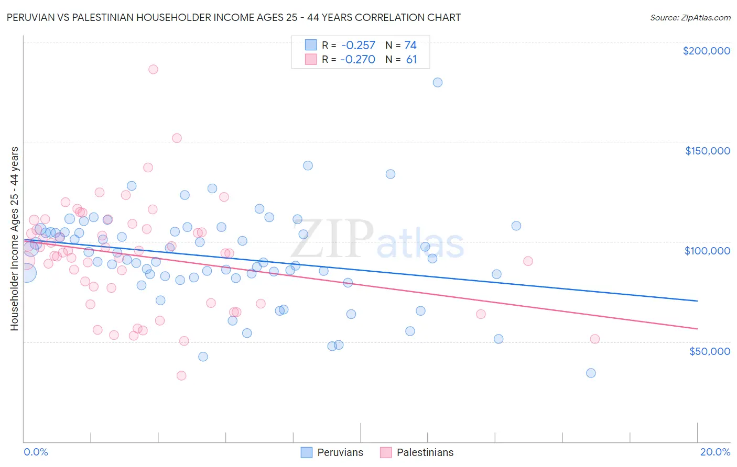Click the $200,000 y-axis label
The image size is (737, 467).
coord(706,51)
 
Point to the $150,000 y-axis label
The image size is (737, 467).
coord(707,151)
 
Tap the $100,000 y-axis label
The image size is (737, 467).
coord(707,251)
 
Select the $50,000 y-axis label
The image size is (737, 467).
coord(709,351)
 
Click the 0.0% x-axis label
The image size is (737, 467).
coord(36,452)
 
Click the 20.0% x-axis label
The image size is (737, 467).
coord(715,452)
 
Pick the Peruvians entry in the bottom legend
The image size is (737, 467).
coord(340,452)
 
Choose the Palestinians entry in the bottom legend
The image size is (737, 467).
coord(425,452)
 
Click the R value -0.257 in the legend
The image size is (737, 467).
coord(358,45)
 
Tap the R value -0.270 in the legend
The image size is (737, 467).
coord(357,59)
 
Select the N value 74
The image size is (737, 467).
coord(410,45)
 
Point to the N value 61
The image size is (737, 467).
coord(411,59)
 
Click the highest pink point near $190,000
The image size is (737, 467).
coord(153,69)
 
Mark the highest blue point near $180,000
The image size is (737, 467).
coord(438,82)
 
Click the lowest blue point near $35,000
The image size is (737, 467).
coord(591,373)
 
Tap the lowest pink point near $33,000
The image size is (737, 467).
coord(181,375)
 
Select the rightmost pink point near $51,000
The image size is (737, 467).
coord(595,339)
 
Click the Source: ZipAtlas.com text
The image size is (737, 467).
coord(690,18)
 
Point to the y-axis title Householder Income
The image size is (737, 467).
coord(14,238)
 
